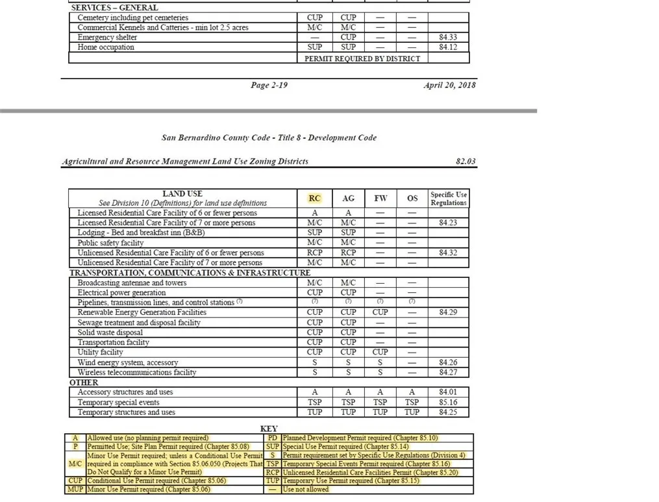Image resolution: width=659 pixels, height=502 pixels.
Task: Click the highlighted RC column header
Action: [x=314, y=199]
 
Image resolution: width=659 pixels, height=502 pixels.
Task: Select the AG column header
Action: [x=348, y=199]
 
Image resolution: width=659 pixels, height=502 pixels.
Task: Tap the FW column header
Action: [x=380, y=199]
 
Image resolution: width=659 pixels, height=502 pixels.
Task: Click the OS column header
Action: [x=412, y=199]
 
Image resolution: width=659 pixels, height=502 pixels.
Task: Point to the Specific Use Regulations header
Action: [x=449, y=199]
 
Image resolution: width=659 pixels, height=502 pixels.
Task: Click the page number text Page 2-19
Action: [x=269, y=85]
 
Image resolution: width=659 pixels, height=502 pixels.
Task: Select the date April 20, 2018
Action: [x=449, y=85]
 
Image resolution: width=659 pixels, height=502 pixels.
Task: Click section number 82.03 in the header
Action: [x=466, y=161]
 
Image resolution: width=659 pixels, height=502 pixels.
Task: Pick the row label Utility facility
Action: [x=101, y=352]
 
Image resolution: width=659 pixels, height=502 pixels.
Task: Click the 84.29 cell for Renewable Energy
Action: [x=448, y=312]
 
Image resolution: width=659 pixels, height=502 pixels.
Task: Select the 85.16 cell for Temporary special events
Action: [x=448, y=402]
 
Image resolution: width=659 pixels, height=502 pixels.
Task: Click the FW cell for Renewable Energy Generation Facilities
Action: [x=380, y=312]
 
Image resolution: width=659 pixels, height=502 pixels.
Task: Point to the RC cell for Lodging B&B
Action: [x=314, y=232]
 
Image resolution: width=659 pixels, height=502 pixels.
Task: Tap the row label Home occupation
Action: [x=106, y=47]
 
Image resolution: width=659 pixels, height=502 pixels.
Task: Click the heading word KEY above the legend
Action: [x=269, y=429]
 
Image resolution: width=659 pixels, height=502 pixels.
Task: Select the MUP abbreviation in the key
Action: [x=75, y=489]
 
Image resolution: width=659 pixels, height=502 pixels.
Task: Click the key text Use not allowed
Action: [x=306, y=489]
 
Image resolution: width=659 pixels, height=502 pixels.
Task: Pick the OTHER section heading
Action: [x=84, y=383]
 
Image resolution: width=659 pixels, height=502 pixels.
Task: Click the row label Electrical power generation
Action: [x=121, y=293]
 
